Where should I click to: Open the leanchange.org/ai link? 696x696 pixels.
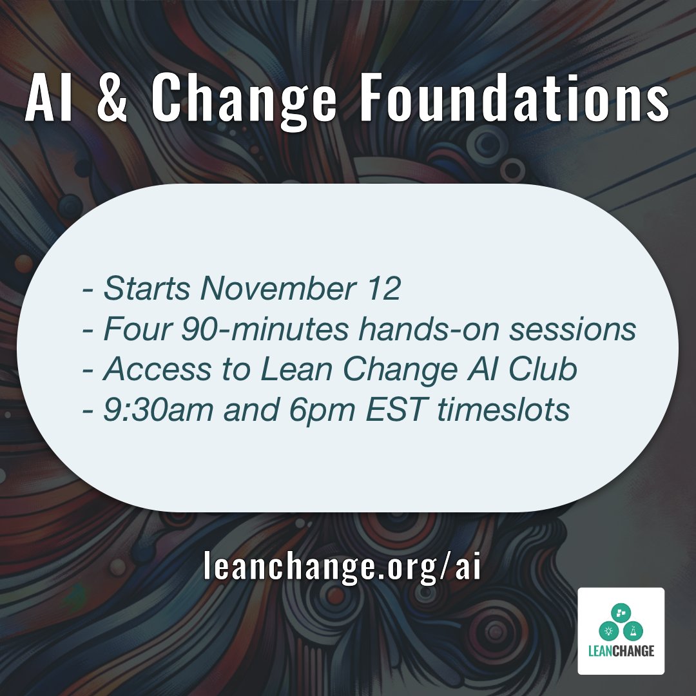[x=342, y=567]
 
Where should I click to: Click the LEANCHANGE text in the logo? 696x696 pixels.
[x=621, y=651]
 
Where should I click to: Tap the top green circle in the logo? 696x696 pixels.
[x=621, y=612]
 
